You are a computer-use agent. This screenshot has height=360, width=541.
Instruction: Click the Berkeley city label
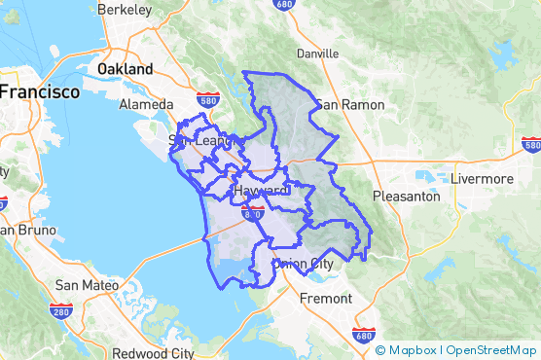pyautogui.click(x=124, y=10)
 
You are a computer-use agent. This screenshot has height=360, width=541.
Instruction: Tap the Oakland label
pyautogui.click(x=126, y=70)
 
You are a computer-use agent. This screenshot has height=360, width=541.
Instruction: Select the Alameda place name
pyautogui.click(x=146, y=104)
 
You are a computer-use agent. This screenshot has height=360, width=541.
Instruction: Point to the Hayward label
pyautogui.click(x=259, y=189)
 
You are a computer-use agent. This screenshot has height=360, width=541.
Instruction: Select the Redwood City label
pyautogui.click(x=153, y=353)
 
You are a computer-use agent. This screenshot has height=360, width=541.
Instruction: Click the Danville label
pyautogui.click(x=318, y=54)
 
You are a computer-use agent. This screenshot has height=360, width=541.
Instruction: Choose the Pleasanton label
pyautogui.click(x=407, y=196)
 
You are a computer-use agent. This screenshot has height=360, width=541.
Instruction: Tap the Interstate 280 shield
pyautogui.click(x=60, y=310)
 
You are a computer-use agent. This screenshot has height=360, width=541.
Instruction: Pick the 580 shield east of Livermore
pyautogui.click(x=530, y=145)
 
